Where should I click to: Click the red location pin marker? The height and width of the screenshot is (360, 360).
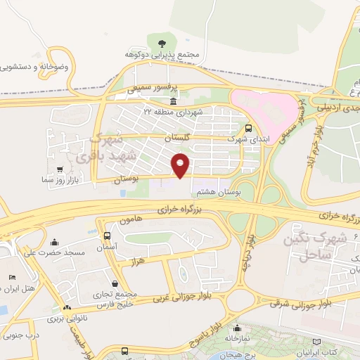pyautogui.click(x=181, y=165)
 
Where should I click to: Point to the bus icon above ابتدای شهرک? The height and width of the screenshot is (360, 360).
pyautogui.click(x=248, y=128)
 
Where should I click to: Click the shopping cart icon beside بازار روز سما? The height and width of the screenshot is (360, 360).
pyautogui.click(x=62, y=169)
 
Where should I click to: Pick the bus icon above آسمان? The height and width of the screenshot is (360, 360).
pyautogui.click(x=107, y=236)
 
